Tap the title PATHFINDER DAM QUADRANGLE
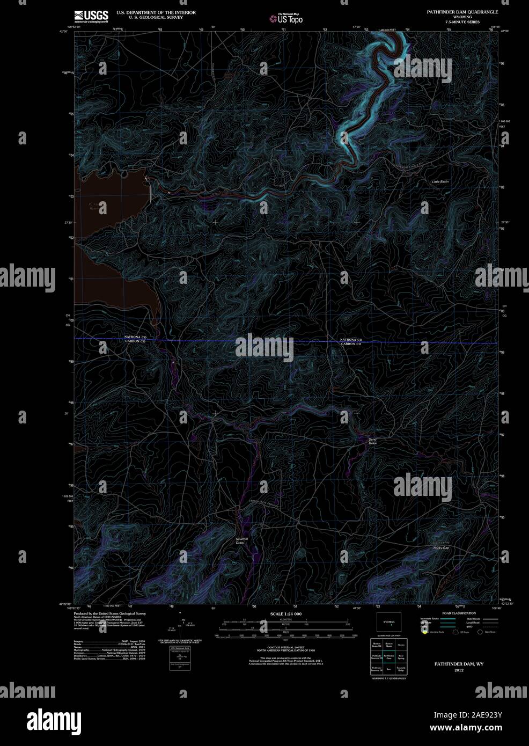pyautogui.click(x=462, y=11)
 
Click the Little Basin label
pyautogui.click(x=440, y=182)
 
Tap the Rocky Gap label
pyautogui.click(x=441, y=547)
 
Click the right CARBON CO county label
pyautogui.click(x=351, y=343)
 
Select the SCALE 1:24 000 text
pyautogui.click(x=285, y=613)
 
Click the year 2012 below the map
pyautogui.click(x=459, y=670)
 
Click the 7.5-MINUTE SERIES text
pyautogui.click(x=461, y=22)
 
